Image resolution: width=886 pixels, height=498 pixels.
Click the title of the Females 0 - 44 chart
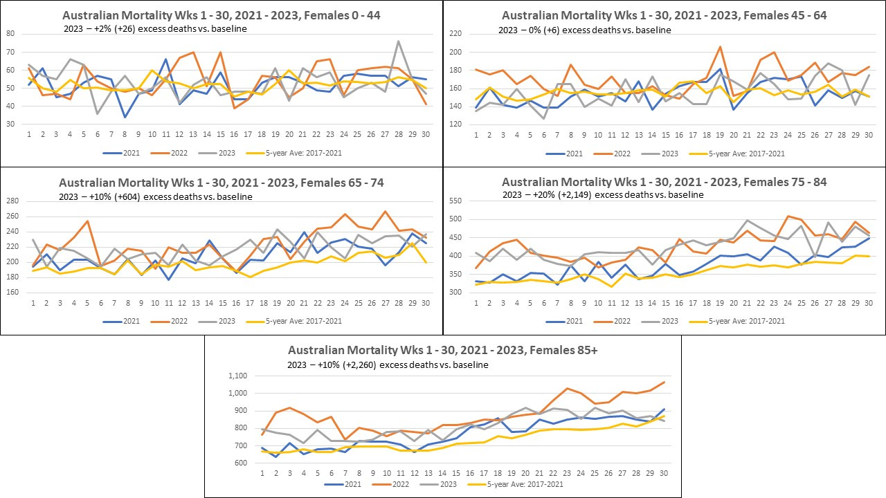tap(221, 15)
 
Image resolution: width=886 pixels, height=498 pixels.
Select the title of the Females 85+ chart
tap(442, 351)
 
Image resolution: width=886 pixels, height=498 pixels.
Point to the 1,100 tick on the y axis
tap(237, 376)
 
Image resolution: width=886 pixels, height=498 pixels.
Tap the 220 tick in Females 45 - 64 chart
tap(455, 33)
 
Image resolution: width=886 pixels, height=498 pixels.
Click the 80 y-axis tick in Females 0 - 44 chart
tap(10, 33)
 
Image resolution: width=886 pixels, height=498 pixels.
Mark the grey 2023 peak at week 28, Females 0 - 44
tap(399, 41)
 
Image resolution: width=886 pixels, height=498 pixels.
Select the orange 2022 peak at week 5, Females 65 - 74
tap(87, 221)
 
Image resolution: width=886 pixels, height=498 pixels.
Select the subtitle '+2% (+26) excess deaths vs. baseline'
tap(152, 28)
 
